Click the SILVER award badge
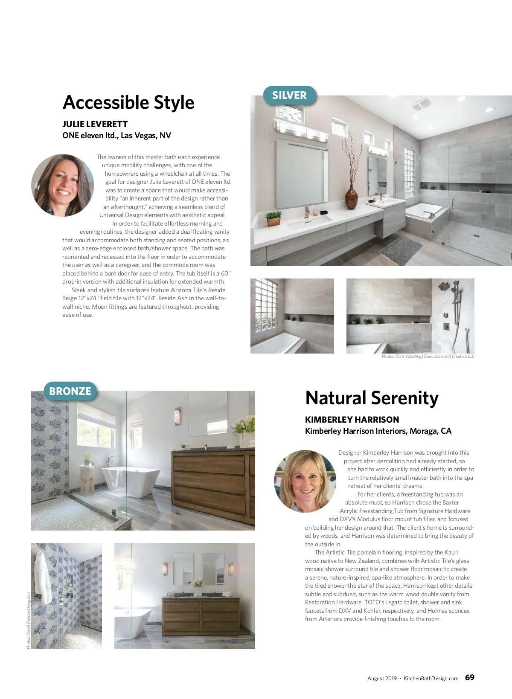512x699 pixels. (x=289, y=95)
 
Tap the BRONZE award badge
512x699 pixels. (x=70, y=391)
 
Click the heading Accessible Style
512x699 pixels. (x=128, y=102)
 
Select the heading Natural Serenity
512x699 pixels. (x=372, y=398)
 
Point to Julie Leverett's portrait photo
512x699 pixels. (x=62, y=186)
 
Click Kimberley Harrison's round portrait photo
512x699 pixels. (x=305, y=481)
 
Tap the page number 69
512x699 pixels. (x=469, y=678)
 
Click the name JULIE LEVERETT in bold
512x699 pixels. (x=95, y=124)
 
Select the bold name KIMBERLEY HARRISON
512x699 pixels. (x=352, y=420)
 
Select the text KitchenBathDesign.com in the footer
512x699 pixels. (x=431, y=678)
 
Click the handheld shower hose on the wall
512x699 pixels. (x=468, y=337)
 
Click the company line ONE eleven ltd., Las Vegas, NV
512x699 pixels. (x=116, y=136)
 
